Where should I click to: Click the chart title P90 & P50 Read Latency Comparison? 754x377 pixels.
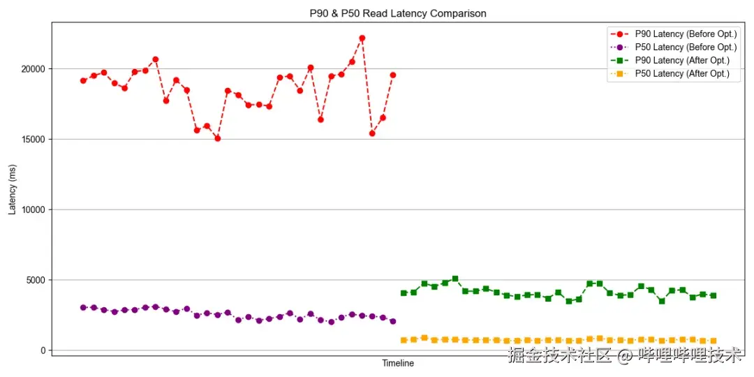pyautogui.click(x=398, y=13)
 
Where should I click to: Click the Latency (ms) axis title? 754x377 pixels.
pyautogui.click(x=12, y=189)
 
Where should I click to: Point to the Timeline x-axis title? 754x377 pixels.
pyautogui.click(x=398, y=364)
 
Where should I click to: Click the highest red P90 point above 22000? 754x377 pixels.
pyautogui.click(x=362, y=38)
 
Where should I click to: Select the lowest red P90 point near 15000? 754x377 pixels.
pyautogui.click(x=218, y=138)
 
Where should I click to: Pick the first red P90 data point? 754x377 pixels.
pyautogui.click(x=83, y=80)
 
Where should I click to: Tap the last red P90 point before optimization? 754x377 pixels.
pyautogui.click(x=393, y=75)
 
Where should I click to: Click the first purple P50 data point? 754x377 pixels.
pyautogui.click(x=83, y=307)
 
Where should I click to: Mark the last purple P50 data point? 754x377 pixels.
pyautogui.click(x=393, y=321)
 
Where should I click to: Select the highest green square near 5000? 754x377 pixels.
pyautogui.click(x=455, y=279)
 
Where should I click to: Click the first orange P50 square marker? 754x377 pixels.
pyautogui.click(x=404, y=340)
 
